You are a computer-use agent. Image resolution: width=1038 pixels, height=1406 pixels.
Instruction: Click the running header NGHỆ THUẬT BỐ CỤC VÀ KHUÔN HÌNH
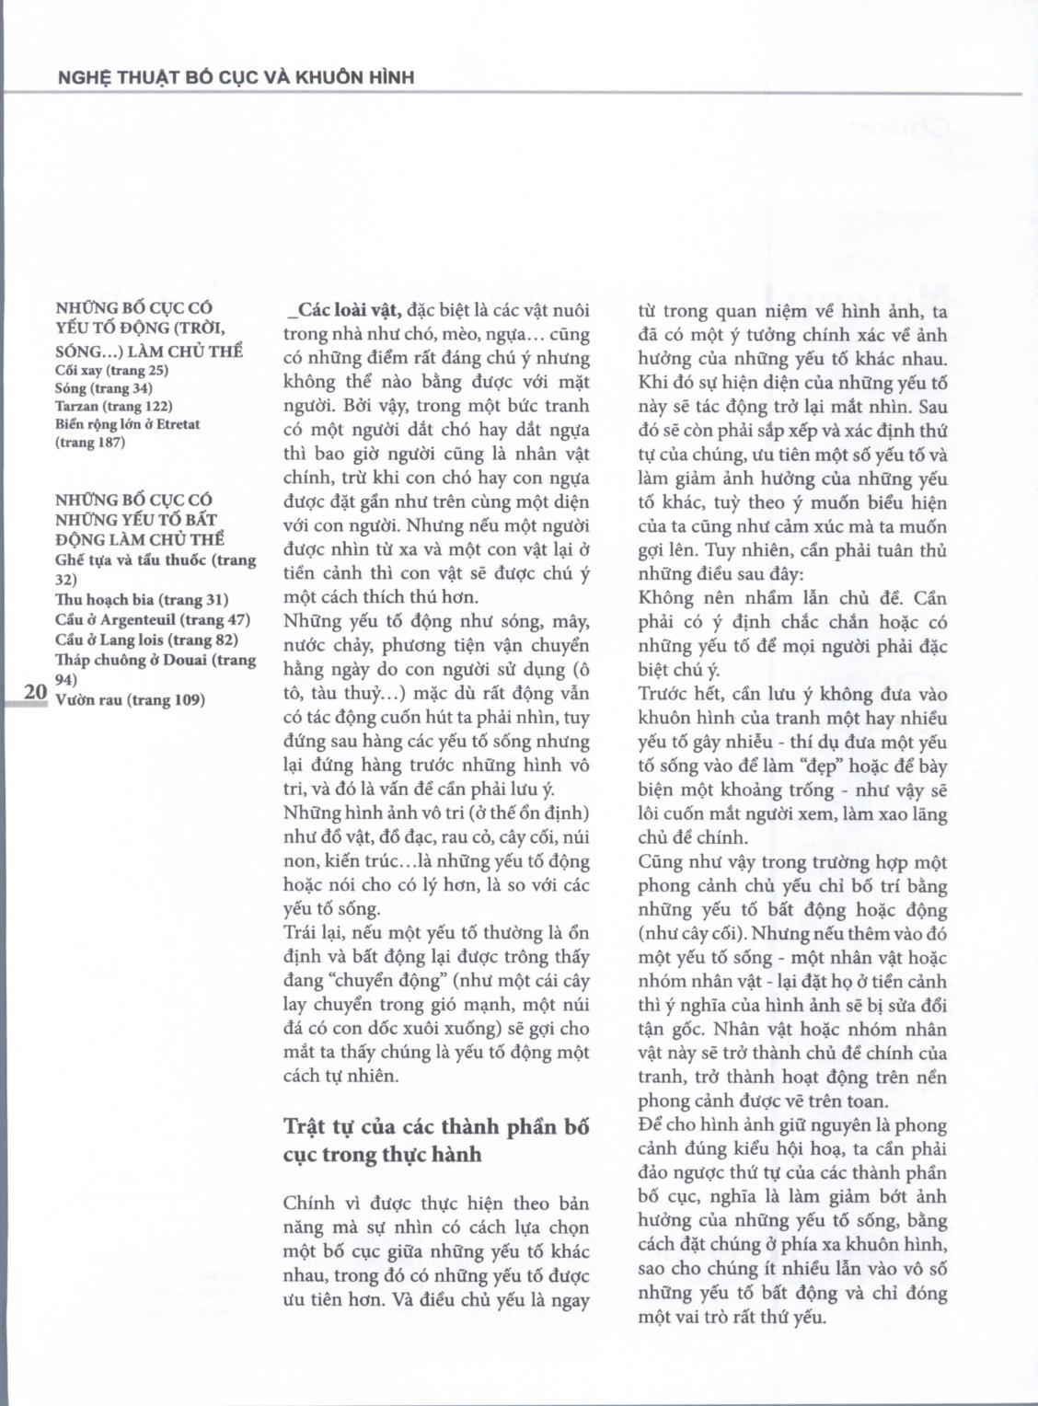pyautogui.click(x=236, y=77)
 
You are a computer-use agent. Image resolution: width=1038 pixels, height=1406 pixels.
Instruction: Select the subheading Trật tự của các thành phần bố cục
pyautogui.click(x=435, y=1139)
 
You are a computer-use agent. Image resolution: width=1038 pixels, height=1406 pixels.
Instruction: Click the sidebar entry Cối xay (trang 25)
pyautogui.click(x=111, y=371)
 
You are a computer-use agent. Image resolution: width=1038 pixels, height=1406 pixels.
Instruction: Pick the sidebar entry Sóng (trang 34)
pyautogui.click(x=104, y=388)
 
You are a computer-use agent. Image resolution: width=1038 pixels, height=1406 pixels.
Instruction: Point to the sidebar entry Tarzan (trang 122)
pyautogui.click(x=114, y=406)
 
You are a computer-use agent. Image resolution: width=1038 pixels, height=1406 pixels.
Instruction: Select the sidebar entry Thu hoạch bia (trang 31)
pyautogui.click(x=142, y=600)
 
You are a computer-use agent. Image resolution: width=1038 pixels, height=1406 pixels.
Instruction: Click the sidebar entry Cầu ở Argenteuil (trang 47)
pyautogui.click(x=152, y=620)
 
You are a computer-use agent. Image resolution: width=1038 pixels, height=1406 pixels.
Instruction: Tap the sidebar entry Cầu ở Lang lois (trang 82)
pyautogui.click(x=147, y=640)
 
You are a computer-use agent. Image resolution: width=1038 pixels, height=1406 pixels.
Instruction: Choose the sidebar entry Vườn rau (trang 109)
pyautogui.click(x=130, y=700)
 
